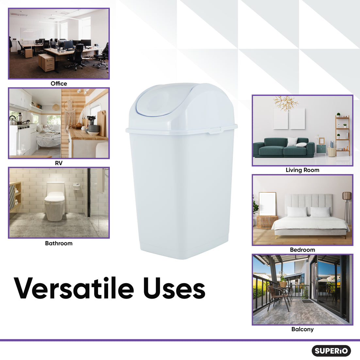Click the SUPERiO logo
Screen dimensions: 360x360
point(331,351)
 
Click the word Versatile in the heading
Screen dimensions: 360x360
point(74,288)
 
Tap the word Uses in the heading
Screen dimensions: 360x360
point(174,288)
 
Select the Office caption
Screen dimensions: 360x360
point(59,84)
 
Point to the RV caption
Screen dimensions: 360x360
point(59,163)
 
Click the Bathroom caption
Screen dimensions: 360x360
point(59,243)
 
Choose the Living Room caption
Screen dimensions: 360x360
point(303,170)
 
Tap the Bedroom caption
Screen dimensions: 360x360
point(303,250)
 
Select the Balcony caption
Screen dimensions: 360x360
point(303,329)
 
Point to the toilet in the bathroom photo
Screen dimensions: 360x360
point(55,201)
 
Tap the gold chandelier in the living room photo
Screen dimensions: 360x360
point(286,103)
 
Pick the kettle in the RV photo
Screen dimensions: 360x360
point(12,120)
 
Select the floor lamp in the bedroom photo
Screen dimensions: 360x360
point(347,208)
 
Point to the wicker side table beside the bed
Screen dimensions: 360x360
point(267,222)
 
